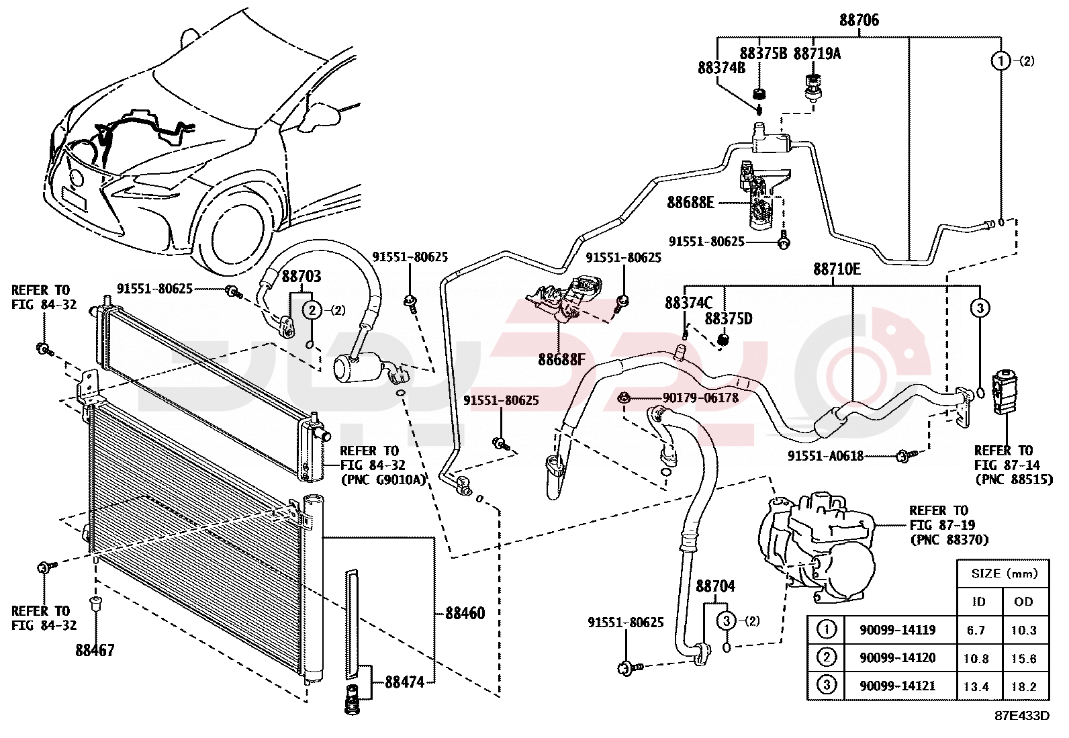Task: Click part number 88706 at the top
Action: (x=859, y=20)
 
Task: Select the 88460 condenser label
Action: (x=465, y=613)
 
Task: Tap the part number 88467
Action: (x=95, y=650)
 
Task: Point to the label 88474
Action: (x=404, y=682)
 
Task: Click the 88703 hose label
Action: (x=301, y=276)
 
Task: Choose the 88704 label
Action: (x=715, y=586)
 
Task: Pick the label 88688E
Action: (x=690, y=202)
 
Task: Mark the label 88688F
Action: (x=561, y=360)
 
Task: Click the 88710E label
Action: (x=837, y=269)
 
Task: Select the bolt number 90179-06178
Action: (x=700, y=398)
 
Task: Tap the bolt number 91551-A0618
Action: (x=825, y=456)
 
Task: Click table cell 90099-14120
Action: (x=897, y=658)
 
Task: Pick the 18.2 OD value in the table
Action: (x=1023, y=686)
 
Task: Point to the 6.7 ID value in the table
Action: (x=976, y=630)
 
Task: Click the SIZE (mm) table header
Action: (x=1004, y=573)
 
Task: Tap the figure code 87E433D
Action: (x=1021, y=716)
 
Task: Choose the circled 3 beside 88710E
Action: (x=980, y=308)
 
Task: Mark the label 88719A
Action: (x=817, y=54)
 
